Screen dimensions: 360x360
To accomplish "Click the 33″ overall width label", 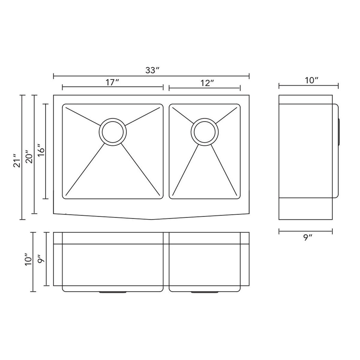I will tap(152, 70).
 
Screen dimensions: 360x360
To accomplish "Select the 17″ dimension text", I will tap(112, 82).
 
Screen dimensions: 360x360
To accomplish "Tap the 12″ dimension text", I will tap(207, 83).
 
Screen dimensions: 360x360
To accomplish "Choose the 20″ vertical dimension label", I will tap(29, 156).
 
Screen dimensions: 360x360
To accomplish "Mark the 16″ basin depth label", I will tap(41, 151).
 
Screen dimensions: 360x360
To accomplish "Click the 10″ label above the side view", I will tap(311, 80).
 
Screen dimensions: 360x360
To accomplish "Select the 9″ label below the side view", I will tap(307, 238).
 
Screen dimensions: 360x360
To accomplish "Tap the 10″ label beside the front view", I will tap(28, 259).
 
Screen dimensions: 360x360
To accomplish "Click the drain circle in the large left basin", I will tap(112, 132).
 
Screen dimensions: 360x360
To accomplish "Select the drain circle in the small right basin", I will tap(205, 132).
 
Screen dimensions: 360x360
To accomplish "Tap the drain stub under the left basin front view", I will tap(112, 292).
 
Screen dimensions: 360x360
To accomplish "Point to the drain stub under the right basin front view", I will tap(205, 292).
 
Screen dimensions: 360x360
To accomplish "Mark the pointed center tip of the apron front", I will tap(151, 219).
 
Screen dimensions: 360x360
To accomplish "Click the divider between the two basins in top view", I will tap(166, 151).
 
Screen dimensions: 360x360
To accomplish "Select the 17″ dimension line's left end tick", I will tap(62, 87).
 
